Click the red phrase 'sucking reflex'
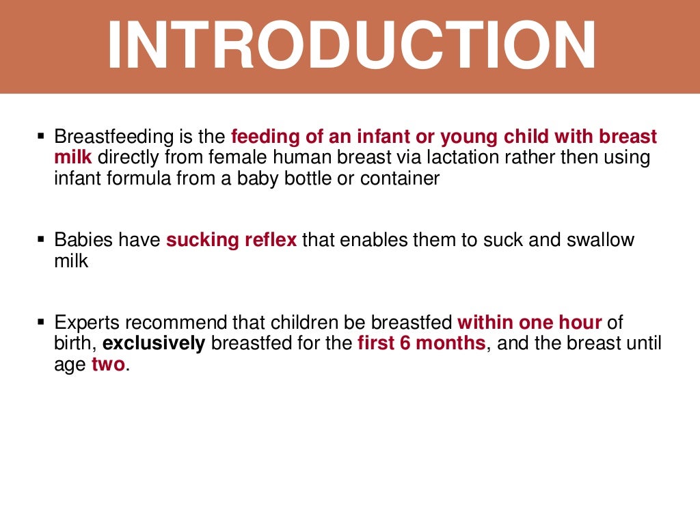click(x=231, y=241)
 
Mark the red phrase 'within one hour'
click(x=530, y=322)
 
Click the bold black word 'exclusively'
click(x=154, y=343)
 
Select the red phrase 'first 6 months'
click(x=421, y=343)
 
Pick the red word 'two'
click(x=108, y=364)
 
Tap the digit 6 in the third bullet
click(x=405, y=343)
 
